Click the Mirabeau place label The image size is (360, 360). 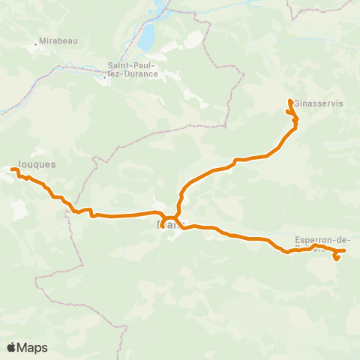pyautogui.click(x=58, y=42)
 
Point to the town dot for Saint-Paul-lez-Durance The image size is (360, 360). pyautogui.click(x=105, y=76)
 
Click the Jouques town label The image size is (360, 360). pyautogui.click(x=34, y=161)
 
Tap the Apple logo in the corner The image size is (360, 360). pyautogui.click(x=12, y=347)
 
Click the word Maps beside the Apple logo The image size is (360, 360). pyautogui.click(x=32, y=347)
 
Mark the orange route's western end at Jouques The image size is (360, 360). pyautogui.click(x=12, y=170)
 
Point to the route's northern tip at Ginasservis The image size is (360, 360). pyautogui.click(x=290, y=100)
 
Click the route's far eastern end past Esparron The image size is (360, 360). pyautogui.click(x=344, y=250)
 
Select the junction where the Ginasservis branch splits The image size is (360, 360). pyautogui.click(x=179, y=217)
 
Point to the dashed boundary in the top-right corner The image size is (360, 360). pyautogui.click(x=315, y=9)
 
